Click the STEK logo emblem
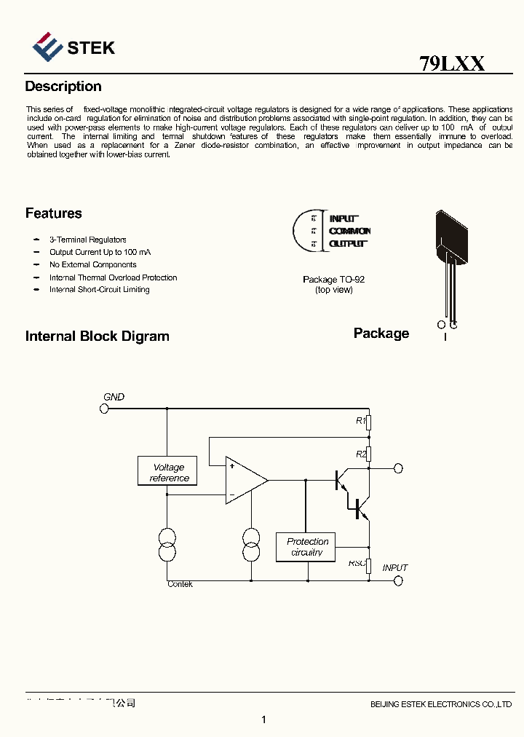(x=47, y=47)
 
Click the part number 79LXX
(x=452, y=63)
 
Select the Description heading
(x=63, y=87)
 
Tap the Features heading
(x=53, y=213)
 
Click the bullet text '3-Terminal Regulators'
(x=87, y=240)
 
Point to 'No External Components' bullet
(x=92, y=265)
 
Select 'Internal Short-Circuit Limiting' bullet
(x=99, y=290)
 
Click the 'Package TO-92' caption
(x=333, y=280)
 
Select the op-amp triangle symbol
(x=245, y=480)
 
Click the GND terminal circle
(x=104, y=409)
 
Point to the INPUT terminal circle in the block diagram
(x=398, y=580)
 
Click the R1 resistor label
(x=360, y=421)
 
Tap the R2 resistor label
(x=360, y=454)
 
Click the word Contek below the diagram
(x=180, y=584)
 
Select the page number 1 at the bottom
(x=263, y=720)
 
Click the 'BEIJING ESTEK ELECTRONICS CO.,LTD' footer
(x=441, y=704)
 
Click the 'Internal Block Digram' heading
(x=97, y=336)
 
